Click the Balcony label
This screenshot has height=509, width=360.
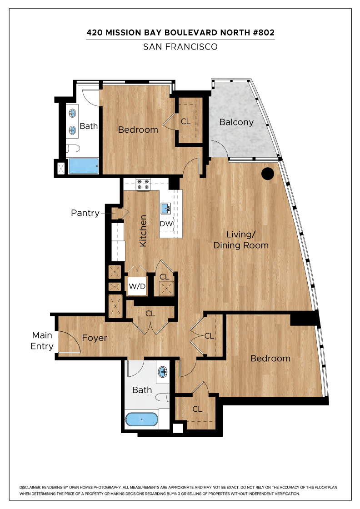(236, 122)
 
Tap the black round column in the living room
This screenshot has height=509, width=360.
(268, 174)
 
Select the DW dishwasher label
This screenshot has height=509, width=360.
(166, 224)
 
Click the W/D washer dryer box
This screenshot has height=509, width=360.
(137, 286)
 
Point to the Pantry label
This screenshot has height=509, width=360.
(85, 213)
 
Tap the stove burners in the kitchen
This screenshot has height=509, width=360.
(143, 185)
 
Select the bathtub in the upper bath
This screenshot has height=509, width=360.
(84, 166)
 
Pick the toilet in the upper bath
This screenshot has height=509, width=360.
(73, 148)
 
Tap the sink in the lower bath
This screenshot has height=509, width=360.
(163, 372)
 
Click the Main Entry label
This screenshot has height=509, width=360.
(42, 340)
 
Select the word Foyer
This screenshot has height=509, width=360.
(95, 338)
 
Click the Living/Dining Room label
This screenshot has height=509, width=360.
(241, 240)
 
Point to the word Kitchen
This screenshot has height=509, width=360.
(143, 231)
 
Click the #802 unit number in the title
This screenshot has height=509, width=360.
(263, 32)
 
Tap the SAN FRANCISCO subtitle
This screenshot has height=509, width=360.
(180, 47)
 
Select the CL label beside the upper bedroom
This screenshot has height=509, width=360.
(185, 121)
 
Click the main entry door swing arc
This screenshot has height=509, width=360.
(74, 339)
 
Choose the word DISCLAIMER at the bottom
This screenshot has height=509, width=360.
(30, 487)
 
